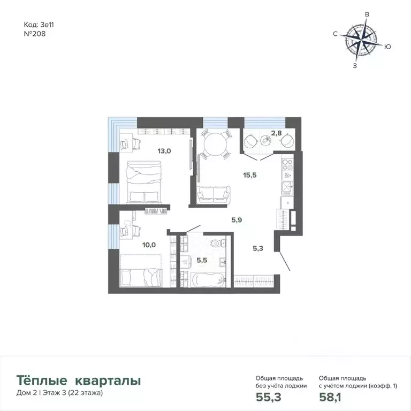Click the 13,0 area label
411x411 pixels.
[x=164, y=151]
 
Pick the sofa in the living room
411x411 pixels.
[x=212, y=194]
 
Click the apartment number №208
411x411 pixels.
[x=35, y=33]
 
